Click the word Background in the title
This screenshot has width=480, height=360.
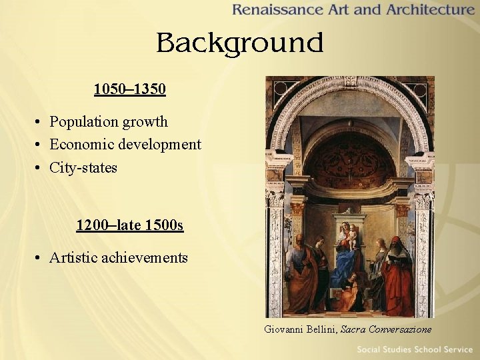point(239,43)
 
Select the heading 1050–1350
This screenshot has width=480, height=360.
point(130,89)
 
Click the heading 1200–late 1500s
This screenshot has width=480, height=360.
point(130,225)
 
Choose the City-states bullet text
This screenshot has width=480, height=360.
point(83,167)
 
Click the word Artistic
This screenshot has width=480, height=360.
point(72,258)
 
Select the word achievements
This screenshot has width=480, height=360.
point(145,258)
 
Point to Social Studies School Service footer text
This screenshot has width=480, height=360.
point(414,350)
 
